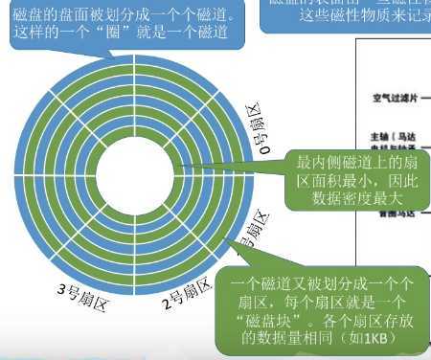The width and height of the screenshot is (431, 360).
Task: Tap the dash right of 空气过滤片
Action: (425, 98)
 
